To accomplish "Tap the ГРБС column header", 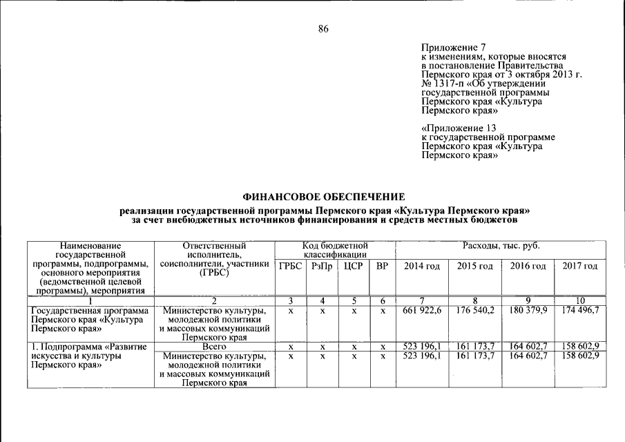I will pyautogui.click(x=291, y=266).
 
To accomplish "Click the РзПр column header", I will pyautogui.click(x=322, y=266).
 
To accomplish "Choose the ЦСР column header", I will pyautogui.click(x=353, y=266).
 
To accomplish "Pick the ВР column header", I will pyautogui.click(x=381, y=266).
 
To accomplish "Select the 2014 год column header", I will pyautogui.click(x=421, y=266).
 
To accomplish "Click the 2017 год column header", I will pyautogui.click(x=579, y=266).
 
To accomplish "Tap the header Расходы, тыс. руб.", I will pyautogui.click(x=501, y=247).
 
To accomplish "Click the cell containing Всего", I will pyautogui.click(x=214, y=345).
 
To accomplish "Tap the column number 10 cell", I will pyautogui.click(x=579, y=300).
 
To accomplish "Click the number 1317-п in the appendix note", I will pyautogui.click(x=450, y=83).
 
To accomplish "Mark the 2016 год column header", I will pyautogui.click(x=528, y=266).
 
